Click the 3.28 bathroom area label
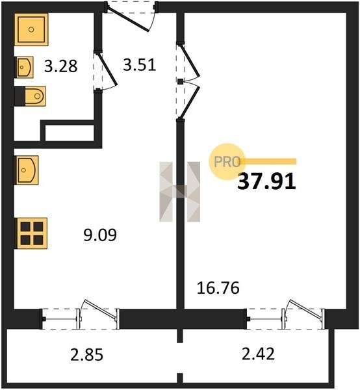point(61,66)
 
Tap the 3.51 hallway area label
point(140,65)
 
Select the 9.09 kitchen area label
point(100,235)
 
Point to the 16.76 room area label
point(218,288)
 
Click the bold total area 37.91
point(266,182)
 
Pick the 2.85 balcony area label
point(86,354)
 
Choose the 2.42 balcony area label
point(259,354)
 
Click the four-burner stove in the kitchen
point(32,233)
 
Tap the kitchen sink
point(27,170)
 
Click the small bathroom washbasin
point(24,67)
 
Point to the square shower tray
point(31,30)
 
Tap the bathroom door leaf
point(107,69)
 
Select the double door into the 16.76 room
point(190,81)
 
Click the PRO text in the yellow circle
point(227,162)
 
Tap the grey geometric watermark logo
point(180,192)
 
